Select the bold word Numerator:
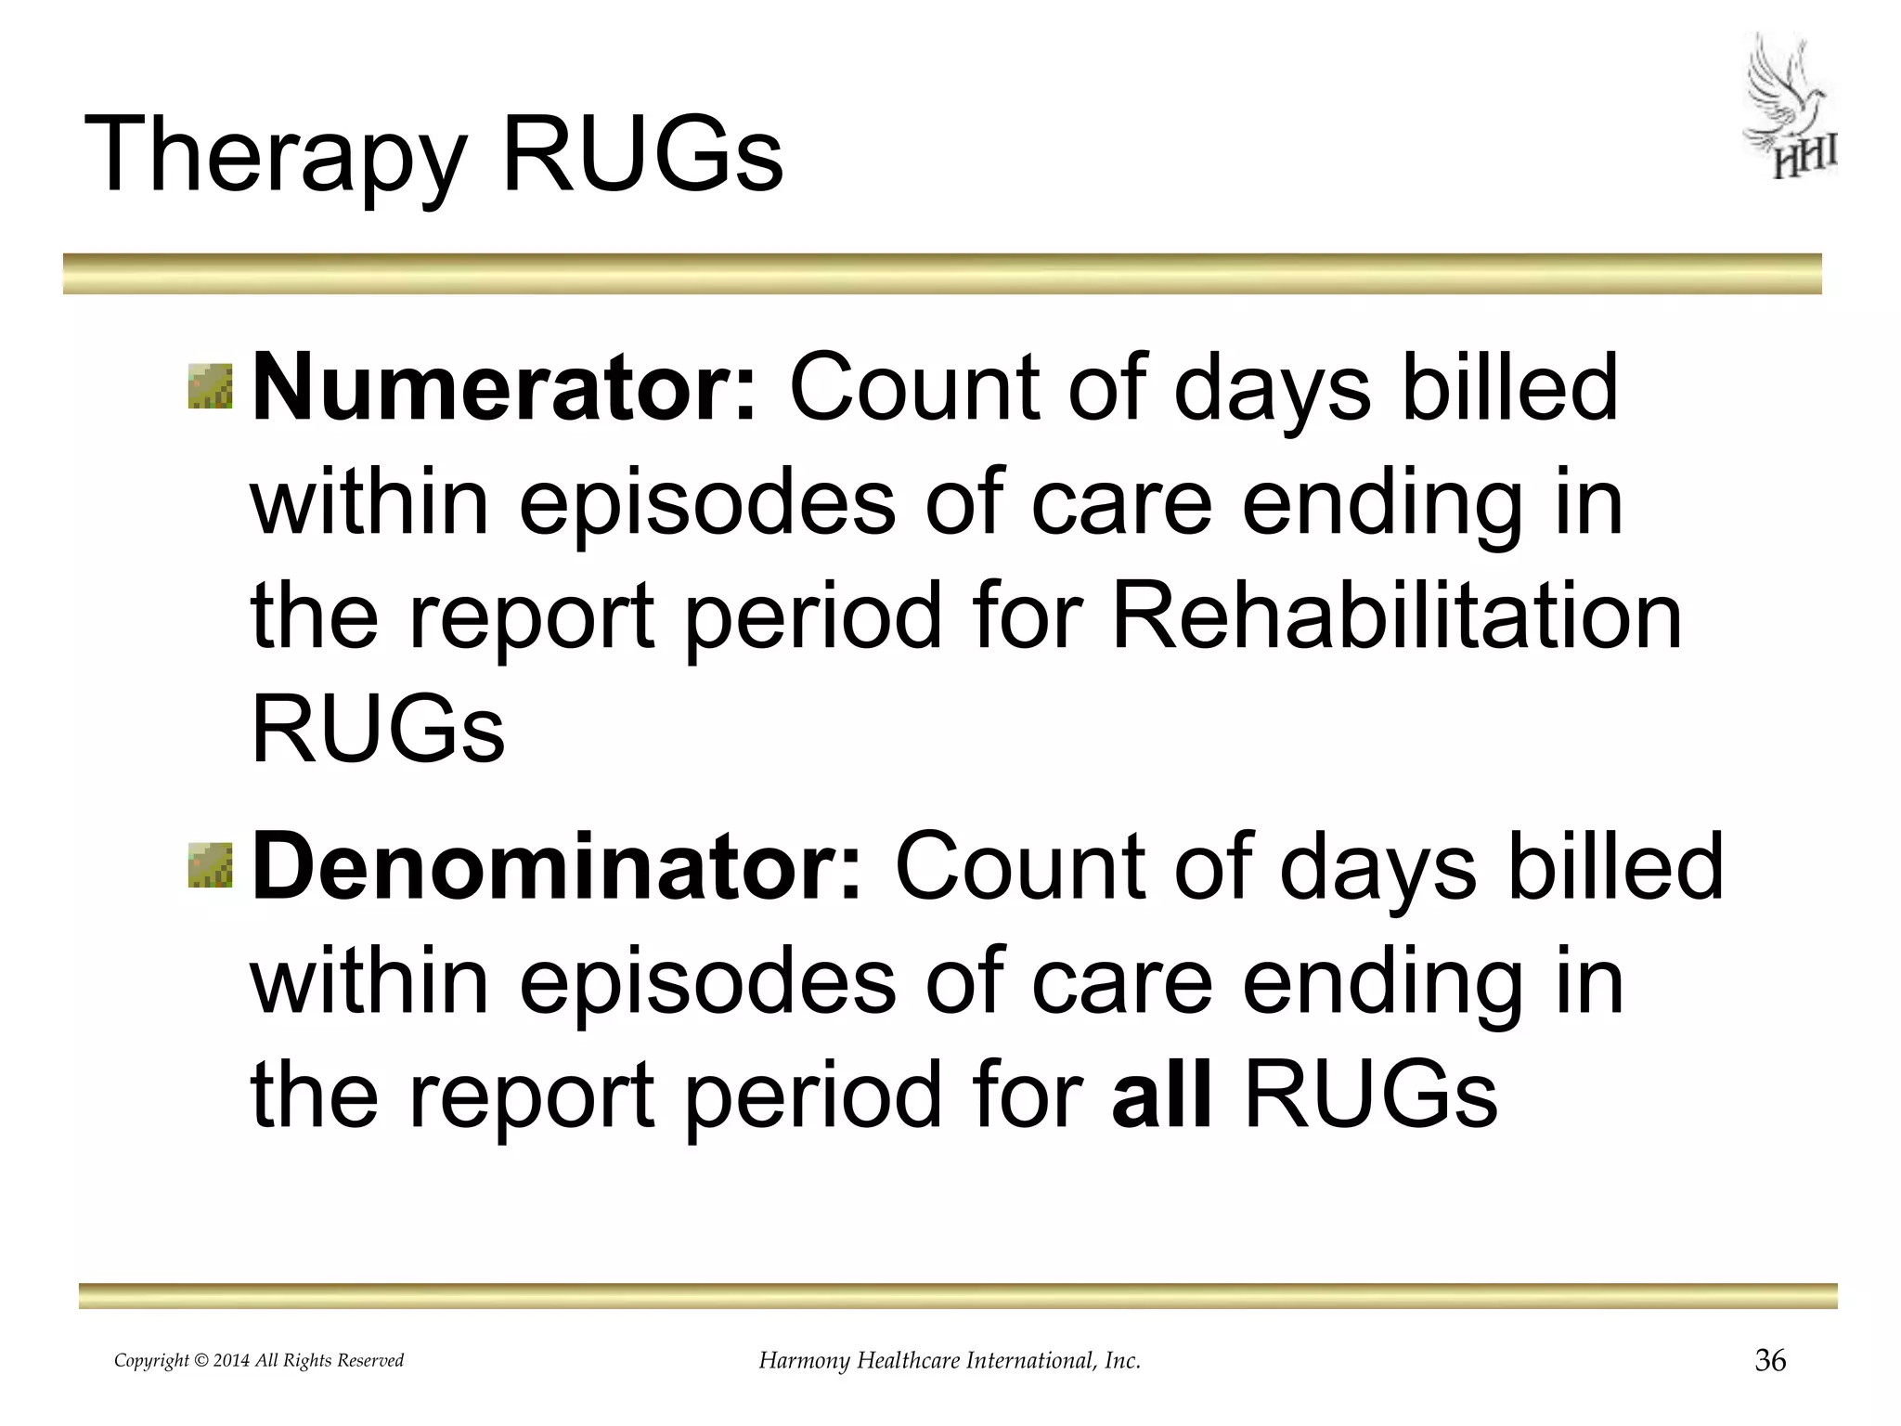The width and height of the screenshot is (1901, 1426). pyautogui.click(x=505, y=388)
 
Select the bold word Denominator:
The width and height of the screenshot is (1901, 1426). pyautogui.click(x=557, y=867)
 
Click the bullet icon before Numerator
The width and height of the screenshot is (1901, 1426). pyautogui.click(x=211, y=386)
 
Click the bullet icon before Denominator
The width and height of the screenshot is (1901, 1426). pyautogui.click(x=211, y=865)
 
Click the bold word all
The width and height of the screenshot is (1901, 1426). pyautogui.click(x=1162, y=1095)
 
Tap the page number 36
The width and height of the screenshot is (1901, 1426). pyautogui.click(x=1770, y=1361)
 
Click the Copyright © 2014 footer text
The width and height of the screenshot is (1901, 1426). pyautogui.click(x=259, y=1361)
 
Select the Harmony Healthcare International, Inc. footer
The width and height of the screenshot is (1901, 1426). pyautogui.click(x=950, y=1361)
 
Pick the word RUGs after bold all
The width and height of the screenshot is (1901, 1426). pyautogui.click(x=1370, y=1095)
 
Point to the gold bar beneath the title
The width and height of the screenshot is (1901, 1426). pyautogui.click(x=942, y=274)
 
